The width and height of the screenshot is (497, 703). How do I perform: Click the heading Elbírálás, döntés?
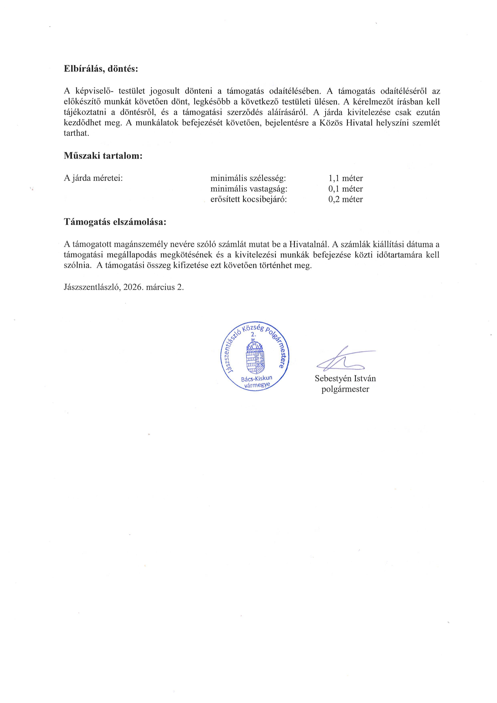[101, 69]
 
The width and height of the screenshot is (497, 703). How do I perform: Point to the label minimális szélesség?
[248, 178]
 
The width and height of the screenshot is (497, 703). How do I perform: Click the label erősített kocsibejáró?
[248, 199]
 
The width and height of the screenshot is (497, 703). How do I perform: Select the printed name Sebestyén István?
[345, 379]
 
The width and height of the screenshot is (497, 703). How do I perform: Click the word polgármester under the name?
[345, 389]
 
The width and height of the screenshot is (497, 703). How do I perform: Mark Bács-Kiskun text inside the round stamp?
[257, 379]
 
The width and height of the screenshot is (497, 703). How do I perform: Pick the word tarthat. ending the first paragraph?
[76, 134]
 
